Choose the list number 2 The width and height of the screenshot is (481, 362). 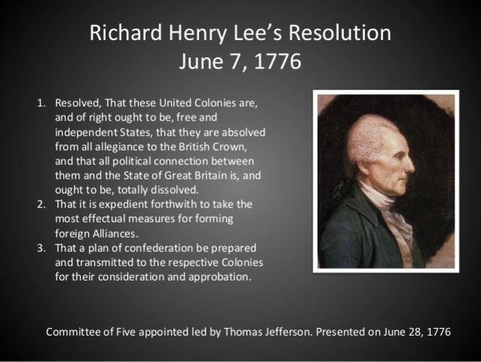tap(41, 204)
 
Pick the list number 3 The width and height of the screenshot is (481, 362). tap(41, 247)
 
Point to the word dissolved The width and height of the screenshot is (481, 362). tap(174, 190)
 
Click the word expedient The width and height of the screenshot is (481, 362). tap(123, 204)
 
